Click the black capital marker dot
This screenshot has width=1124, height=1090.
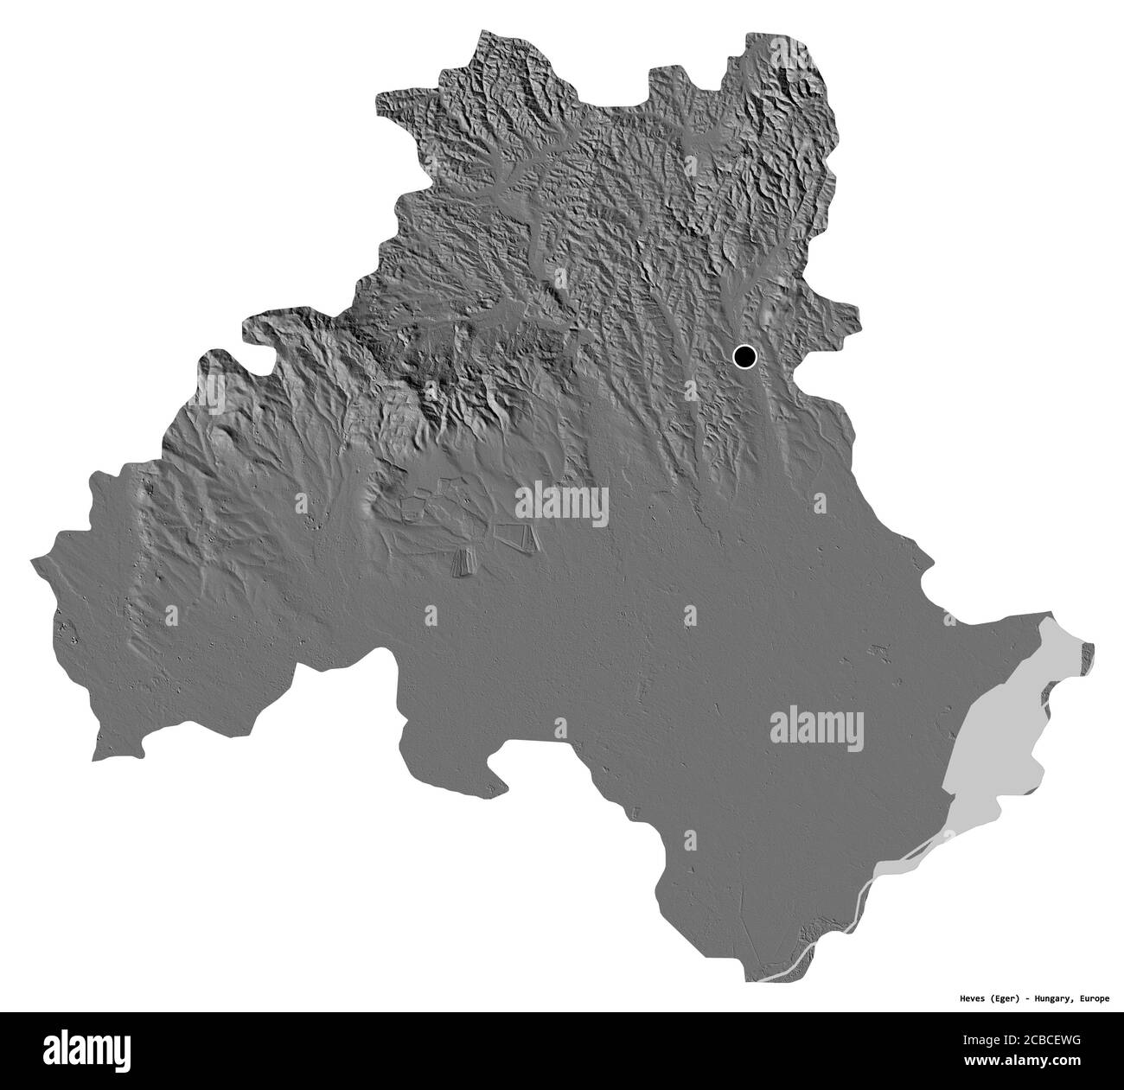click(x=744, y=355)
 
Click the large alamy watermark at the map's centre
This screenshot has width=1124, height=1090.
click(x=562, y=505)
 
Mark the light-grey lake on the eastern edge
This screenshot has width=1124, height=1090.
click(x=1003, y=735)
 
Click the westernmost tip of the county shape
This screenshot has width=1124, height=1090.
click(x=32, y=561)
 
